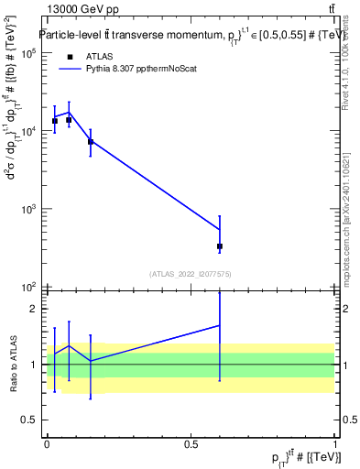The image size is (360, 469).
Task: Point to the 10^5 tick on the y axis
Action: (x=29, y=53)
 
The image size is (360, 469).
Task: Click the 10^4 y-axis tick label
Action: (x=29, y=131)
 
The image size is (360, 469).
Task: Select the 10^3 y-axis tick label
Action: (x=29, y=209)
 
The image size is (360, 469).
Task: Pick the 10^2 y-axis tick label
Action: (x=29, y=287)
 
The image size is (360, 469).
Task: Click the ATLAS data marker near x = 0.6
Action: (x=220, y=246)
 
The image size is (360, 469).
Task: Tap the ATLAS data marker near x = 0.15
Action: (x=90, y=142)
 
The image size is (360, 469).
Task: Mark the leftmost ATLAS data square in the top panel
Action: (x=54, y=121)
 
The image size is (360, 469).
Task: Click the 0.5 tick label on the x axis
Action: (x=191, y=444)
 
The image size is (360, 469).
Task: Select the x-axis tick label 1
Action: (x=336, y=444)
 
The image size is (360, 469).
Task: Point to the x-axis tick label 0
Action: (x=47, y=444)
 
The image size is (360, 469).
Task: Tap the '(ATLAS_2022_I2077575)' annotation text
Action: (x=191, y=273)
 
